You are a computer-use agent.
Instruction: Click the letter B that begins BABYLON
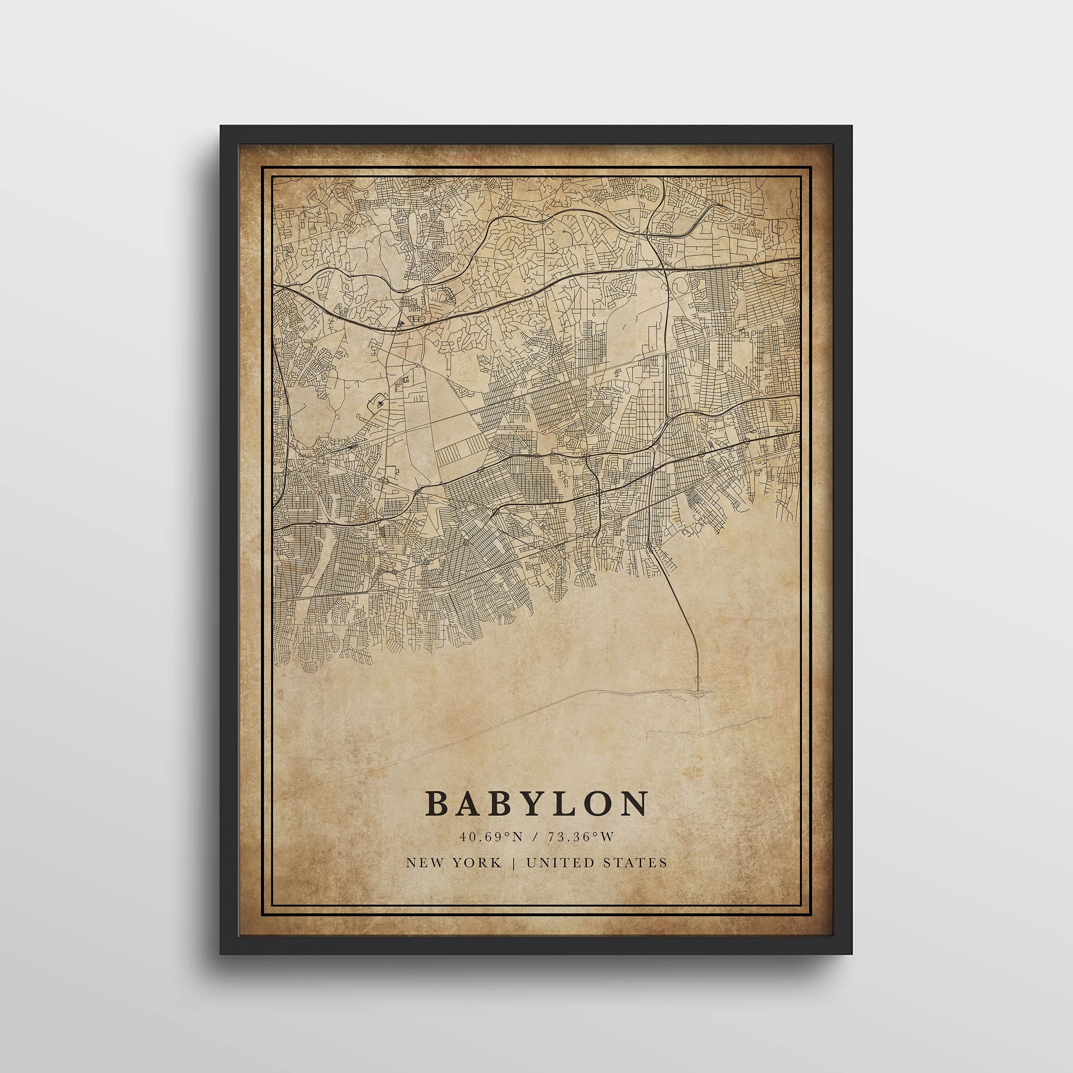click(438, 803)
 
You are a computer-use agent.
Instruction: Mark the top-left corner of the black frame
click(221, 127)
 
